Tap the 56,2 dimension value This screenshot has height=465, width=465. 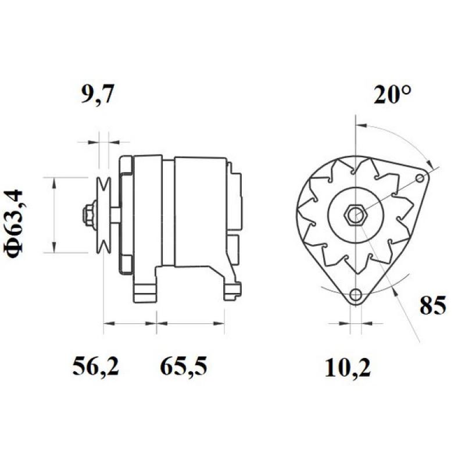pos(95,367)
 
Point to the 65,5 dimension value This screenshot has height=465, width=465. pos(183,367)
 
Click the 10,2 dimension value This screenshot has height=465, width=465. pos(348,367)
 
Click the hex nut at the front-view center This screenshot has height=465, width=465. pos(354,215)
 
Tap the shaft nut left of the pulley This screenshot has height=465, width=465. pos(90,214)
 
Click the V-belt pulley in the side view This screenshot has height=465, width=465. pos(104,214)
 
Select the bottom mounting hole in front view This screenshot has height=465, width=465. pos(355,295)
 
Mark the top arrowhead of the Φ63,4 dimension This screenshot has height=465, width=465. pos(53,181)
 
